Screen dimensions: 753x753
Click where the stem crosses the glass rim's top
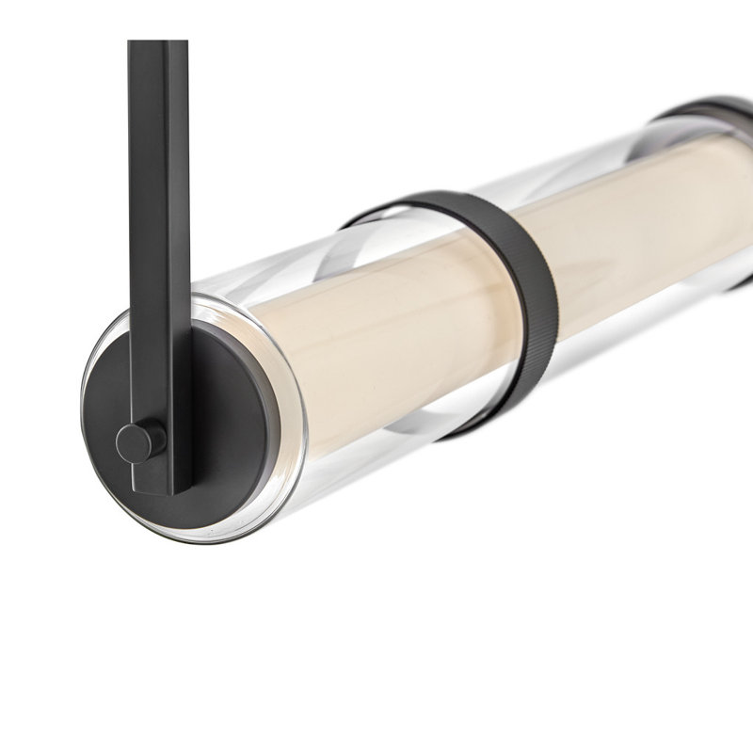click(179, 299)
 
